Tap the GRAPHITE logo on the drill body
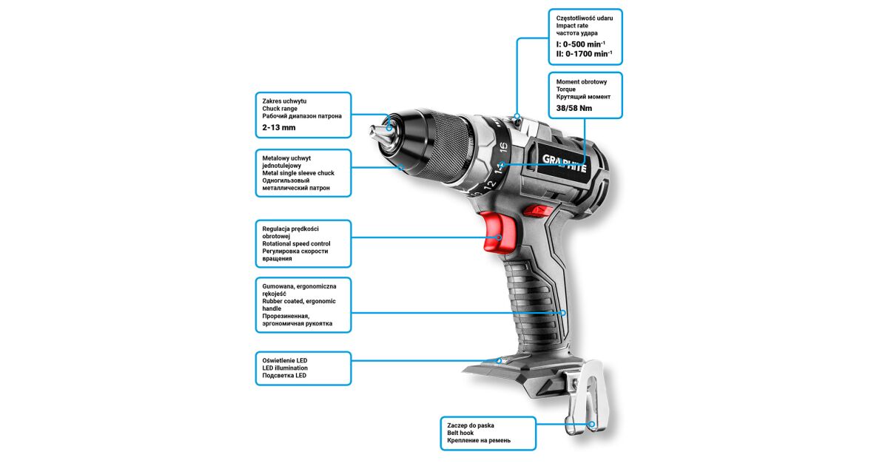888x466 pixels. coord(564,163)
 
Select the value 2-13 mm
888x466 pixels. coord(279,127)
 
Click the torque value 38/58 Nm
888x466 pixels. coord(574,108)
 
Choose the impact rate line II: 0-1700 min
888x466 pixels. coord(584,54)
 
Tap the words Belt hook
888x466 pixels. coord(460,433)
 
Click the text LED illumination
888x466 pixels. coord(285,368)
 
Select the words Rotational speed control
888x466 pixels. coord(296,243)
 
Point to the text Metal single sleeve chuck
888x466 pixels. coord(298,173)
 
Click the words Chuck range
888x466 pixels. coord(280,109)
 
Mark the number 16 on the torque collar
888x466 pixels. coord(503,147)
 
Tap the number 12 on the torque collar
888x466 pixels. coord(490,184)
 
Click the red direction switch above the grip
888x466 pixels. coord(537,211)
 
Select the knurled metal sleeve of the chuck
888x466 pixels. coord(447,146)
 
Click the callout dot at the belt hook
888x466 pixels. coord(591,425)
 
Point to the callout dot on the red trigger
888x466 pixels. coord(499,237)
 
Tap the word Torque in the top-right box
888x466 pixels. coord(565,90)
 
